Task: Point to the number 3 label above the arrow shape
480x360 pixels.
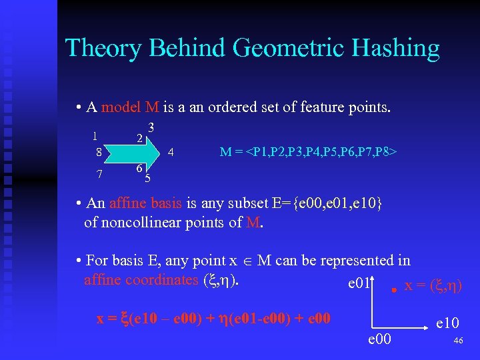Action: (x=151, y=127)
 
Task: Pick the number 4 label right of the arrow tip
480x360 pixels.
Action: (x=171, y=151)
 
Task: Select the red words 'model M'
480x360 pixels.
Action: (x=130, y=107)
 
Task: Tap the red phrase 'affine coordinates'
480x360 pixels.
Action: (x=141, y=279)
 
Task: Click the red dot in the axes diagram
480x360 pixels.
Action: (x=394, y=290)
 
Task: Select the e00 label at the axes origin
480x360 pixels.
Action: (x=381, y=341)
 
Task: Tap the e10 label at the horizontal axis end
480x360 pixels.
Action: (x=447, y=324)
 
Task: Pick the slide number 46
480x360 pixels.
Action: (x=457, y=341)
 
